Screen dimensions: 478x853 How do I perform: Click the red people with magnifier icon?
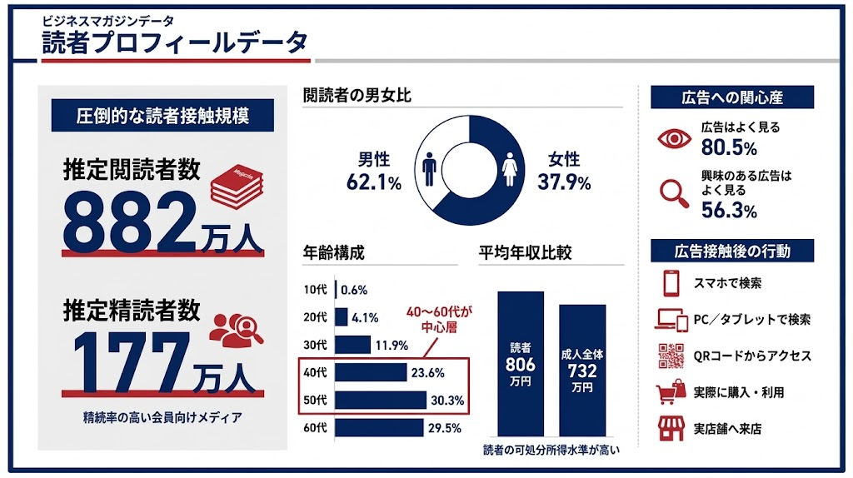coord(236,328)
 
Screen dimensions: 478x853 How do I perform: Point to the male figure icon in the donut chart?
coord(430,168)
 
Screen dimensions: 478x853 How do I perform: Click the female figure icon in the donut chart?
coord(511,168)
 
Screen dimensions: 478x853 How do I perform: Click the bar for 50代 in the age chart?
coord(381,400)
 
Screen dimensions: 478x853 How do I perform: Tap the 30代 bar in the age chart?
coord(352,344)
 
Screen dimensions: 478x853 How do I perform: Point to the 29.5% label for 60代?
coord(446,428)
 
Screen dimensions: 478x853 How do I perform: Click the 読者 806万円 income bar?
coord(521,363)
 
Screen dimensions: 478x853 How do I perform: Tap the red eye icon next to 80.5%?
coord(673,138)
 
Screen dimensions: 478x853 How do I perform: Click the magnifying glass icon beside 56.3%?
coord(673,192)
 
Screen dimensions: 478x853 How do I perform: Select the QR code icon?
coord(671,356)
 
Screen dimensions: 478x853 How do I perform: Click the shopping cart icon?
coord(671,392)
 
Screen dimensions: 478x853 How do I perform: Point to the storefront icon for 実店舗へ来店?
coord(671,428)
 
